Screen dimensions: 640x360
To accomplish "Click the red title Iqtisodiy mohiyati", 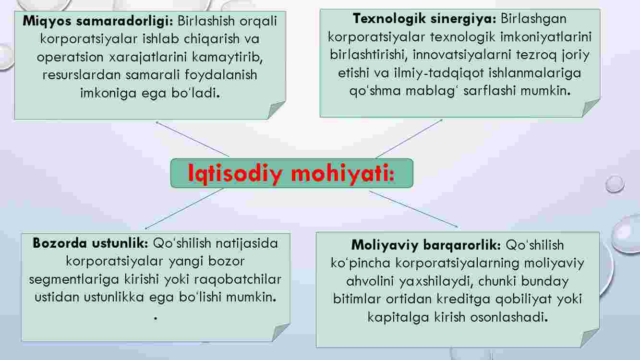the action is click(291, 173).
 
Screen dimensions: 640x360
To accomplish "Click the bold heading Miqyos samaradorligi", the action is click(98, 21).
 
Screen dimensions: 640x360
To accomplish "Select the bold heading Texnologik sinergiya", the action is click(424, 19).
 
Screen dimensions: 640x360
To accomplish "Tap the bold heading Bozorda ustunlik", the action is click(90, 243).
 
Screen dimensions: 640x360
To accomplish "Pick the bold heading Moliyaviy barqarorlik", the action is click(426, 245).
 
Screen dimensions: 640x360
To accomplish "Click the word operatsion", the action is click(70, 57).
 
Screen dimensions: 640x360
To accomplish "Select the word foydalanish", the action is click(221, 74).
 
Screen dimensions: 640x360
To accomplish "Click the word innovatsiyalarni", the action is click(462, 55).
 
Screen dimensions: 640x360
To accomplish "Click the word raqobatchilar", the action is click(238, 279).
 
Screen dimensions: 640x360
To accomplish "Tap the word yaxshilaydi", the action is click(436, 281).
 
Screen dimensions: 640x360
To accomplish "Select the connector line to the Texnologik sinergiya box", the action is click(409, 139).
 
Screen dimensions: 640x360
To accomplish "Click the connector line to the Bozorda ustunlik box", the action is click(184, 209).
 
